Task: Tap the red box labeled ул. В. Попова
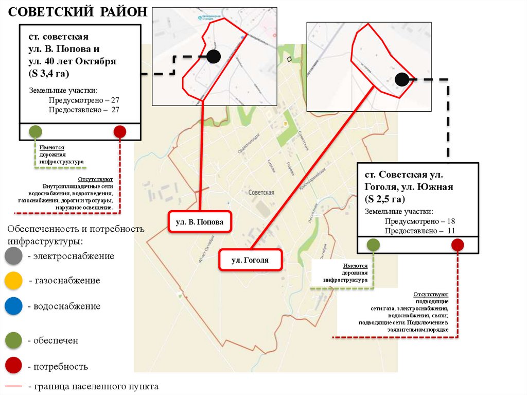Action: [x=200, y=222]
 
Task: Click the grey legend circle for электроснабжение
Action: [x=13, y=256]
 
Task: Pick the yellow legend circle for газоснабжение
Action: [x=13, y=281]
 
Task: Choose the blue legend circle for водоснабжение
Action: [x=13, y=306]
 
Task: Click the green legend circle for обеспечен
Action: [x=13, y=340]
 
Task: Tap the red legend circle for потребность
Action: [x=13, y=366]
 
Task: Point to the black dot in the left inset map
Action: [x=214, y=57]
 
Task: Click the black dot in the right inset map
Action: [x=402, y=79]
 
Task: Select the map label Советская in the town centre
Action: [x=261, y=192]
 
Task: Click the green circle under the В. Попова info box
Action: [x=35, y=132]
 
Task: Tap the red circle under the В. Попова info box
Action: [x=120, y=132]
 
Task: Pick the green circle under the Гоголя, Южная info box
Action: [x=374, y=245]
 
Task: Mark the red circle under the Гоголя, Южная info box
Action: [x=457, y=245]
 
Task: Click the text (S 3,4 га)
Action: [x=49, y=74]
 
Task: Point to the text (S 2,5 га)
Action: [x=384, y=199]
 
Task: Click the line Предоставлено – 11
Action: [x=419, y=231]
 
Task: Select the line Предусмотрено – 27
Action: [x=84, y=100]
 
